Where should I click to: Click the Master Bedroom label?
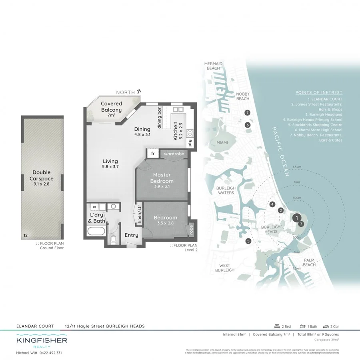pyautogui.click(x=162, y=178)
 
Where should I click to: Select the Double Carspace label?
pyautogui.click(x=42, y=176)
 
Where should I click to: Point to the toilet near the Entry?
pyautogui.click(x=114, y=240)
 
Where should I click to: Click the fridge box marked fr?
pyautogui.click(x=152, y=153)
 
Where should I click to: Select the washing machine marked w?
pyautogui.click(x=94, y=207)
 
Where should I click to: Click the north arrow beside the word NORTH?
pyautogui.click(x=139, y=92)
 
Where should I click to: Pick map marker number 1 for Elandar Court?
pyautogui.click(x=296, y=218)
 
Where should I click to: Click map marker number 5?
pyautogui.click(x=248, y=241)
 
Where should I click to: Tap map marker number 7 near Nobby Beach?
pyautogui.click(x=248, y=113)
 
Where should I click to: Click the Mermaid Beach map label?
pyautogui.click(x=213, y=66)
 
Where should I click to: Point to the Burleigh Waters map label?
pyautogui.click(x=225, y=190)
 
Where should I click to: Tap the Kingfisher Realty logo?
pyautogui.click(x=42, y=342)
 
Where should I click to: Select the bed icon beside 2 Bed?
pyautogui.click(x=276, y=326)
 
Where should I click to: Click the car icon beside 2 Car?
pyautogui.click(x=326, y=326)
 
